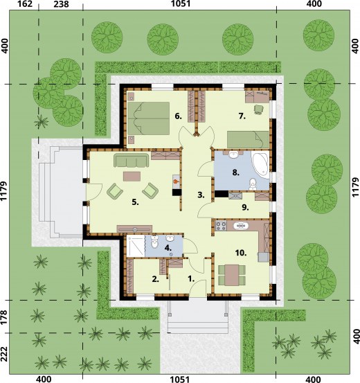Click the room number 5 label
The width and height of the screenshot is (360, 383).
135,202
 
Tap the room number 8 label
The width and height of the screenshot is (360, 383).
235,172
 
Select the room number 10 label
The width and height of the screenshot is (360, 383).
241,253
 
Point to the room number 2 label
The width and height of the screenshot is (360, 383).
156,279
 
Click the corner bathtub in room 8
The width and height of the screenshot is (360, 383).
261,163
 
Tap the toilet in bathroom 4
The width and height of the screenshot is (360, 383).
154,242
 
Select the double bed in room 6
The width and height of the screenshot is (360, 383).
148,118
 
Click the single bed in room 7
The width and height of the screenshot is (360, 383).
248,139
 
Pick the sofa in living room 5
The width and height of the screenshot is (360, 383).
132,160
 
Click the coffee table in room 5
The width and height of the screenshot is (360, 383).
132,176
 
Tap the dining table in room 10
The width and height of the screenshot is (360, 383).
232,275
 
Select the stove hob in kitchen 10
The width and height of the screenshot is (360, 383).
221,226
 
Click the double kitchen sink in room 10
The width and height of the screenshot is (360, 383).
241,226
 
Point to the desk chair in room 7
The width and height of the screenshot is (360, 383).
258,109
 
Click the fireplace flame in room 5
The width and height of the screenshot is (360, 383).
176,181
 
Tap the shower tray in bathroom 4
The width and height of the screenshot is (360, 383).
136,246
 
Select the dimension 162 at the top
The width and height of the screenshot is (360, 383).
26,4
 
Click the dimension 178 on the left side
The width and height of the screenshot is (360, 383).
4,317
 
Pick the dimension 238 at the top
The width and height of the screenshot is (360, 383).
61,4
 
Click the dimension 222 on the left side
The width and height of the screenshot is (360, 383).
4,354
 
